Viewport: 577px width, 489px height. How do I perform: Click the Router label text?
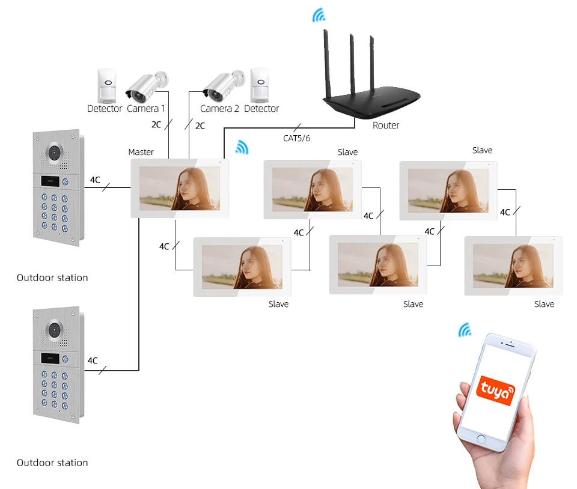386,125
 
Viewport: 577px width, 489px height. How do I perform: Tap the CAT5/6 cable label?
296,139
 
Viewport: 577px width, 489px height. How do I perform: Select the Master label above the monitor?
141,152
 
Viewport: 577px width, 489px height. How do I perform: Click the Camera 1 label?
146,109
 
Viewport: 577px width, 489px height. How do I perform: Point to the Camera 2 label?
219,109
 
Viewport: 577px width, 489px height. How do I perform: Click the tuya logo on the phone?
496,390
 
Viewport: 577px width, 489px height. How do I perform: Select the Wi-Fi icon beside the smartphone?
465,330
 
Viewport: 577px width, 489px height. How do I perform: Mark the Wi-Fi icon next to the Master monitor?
242,147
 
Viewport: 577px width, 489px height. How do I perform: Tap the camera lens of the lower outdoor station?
56,330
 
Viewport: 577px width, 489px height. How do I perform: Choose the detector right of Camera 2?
260,85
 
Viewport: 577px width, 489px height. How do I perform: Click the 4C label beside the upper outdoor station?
95,180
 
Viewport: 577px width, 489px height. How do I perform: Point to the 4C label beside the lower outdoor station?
93,360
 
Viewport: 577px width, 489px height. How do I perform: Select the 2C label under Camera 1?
156,126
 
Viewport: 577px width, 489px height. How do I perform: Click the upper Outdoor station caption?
52,278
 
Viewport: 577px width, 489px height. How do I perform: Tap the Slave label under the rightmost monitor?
544,304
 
